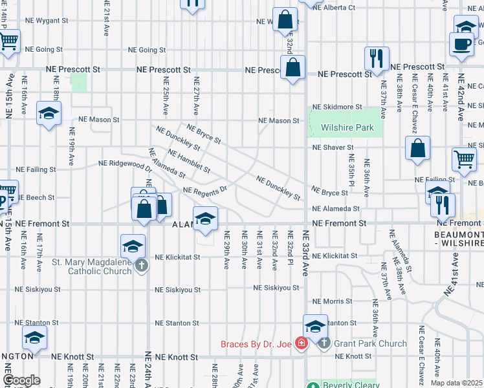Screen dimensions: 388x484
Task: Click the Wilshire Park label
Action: tap(347, 127)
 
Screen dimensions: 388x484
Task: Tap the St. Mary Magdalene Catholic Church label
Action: tap(91, 266)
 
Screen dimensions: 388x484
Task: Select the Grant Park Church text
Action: tap(370, 343)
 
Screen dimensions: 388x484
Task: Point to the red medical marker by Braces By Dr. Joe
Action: tap(300, 343)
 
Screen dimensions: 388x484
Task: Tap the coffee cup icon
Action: tap(461, 44)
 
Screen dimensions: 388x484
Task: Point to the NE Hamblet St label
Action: tap(188, 161)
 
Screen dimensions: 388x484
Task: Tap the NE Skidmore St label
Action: tap(335, 107)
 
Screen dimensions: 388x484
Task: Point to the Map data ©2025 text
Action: tap(456, 383)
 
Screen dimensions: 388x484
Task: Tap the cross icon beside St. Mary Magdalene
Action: tap(141, 264)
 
